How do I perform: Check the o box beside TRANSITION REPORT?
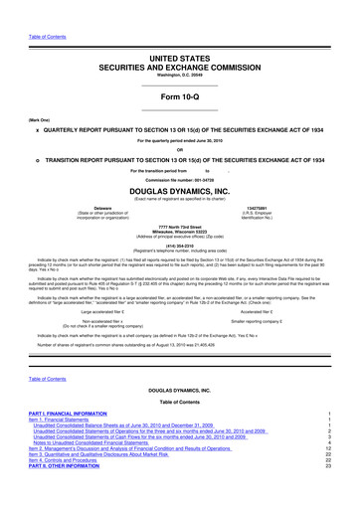37,159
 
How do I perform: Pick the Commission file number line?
179,178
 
